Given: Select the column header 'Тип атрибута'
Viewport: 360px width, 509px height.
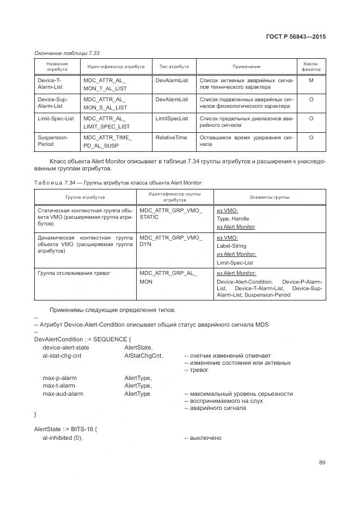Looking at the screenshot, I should [174, 66].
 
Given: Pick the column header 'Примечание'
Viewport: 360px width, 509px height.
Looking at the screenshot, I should [246, 66].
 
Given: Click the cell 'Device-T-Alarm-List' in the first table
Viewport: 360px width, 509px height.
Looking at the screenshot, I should [50, 84].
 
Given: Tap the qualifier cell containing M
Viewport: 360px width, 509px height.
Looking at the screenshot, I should [311, 81].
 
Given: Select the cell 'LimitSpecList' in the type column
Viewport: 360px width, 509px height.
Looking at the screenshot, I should [172, 118].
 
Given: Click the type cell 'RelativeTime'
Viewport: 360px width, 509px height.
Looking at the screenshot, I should [171, 137].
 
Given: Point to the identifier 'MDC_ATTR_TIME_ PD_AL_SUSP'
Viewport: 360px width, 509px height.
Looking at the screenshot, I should [107, 142].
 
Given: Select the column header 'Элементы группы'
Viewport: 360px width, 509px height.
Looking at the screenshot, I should [269, 197].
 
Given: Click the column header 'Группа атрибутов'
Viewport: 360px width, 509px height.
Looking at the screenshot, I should [85, 197].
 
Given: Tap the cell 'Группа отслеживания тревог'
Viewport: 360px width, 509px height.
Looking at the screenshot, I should [74, 273].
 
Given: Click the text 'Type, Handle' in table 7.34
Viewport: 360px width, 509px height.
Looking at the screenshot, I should [233, 218].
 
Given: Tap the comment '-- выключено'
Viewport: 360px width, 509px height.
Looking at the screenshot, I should [203, 438].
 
